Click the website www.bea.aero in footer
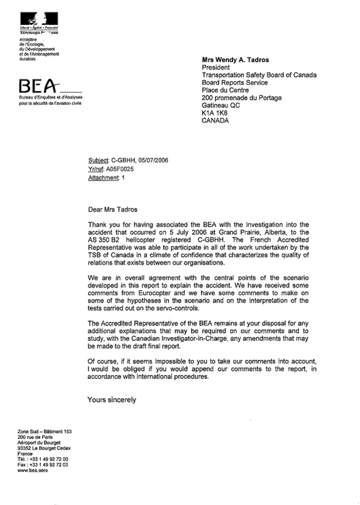tap(33, 470)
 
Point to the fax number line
tap(43, 465)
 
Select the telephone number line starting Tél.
tap(43, 459)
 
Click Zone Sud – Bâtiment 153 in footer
tap(45, 431)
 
